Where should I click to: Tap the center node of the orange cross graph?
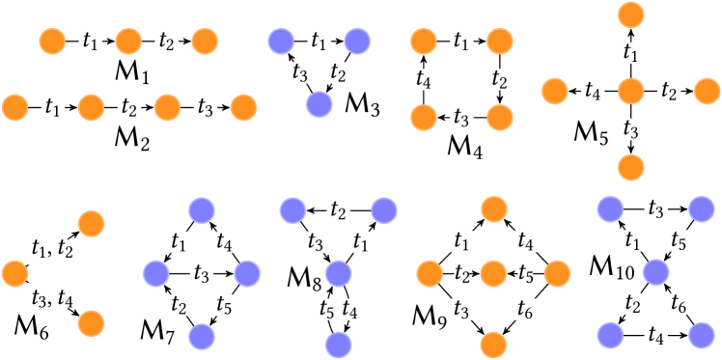(x=630, y=92)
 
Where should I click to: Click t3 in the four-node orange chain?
(x=205, y=107)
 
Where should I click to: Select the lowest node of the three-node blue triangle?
(x=319, y=104)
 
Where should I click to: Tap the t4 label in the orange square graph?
(x=422, y=79)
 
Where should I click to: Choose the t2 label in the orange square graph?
(x=499, y=79)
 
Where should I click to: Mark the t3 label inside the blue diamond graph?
(x=201, y=274)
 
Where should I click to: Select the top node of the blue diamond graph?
(x=201, y=209)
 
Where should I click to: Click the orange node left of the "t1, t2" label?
(x=14, y=273)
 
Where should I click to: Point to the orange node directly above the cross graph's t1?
(x=630, y=15)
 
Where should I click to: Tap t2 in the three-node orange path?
(x=167, y=42)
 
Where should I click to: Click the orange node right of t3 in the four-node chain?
(x=243, y=107)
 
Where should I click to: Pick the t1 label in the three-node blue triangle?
(x=319, y=42)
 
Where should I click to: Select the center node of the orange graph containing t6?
(x=493, y=273)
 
